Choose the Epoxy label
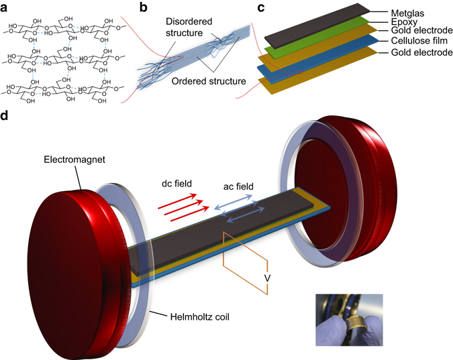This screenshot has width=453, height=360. click(404, 22)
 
